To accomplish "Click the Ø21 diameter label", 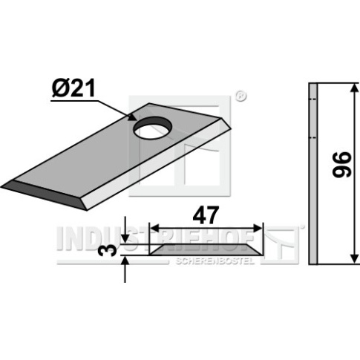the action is [73, 89].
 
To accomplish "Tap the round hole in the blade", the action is [152, 128].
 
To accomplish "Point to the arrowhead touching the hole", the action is [132, 117].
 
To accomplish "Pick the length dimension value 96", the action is [342, 165].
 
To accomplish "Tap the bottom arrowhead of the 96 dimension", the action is [354, 258].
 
